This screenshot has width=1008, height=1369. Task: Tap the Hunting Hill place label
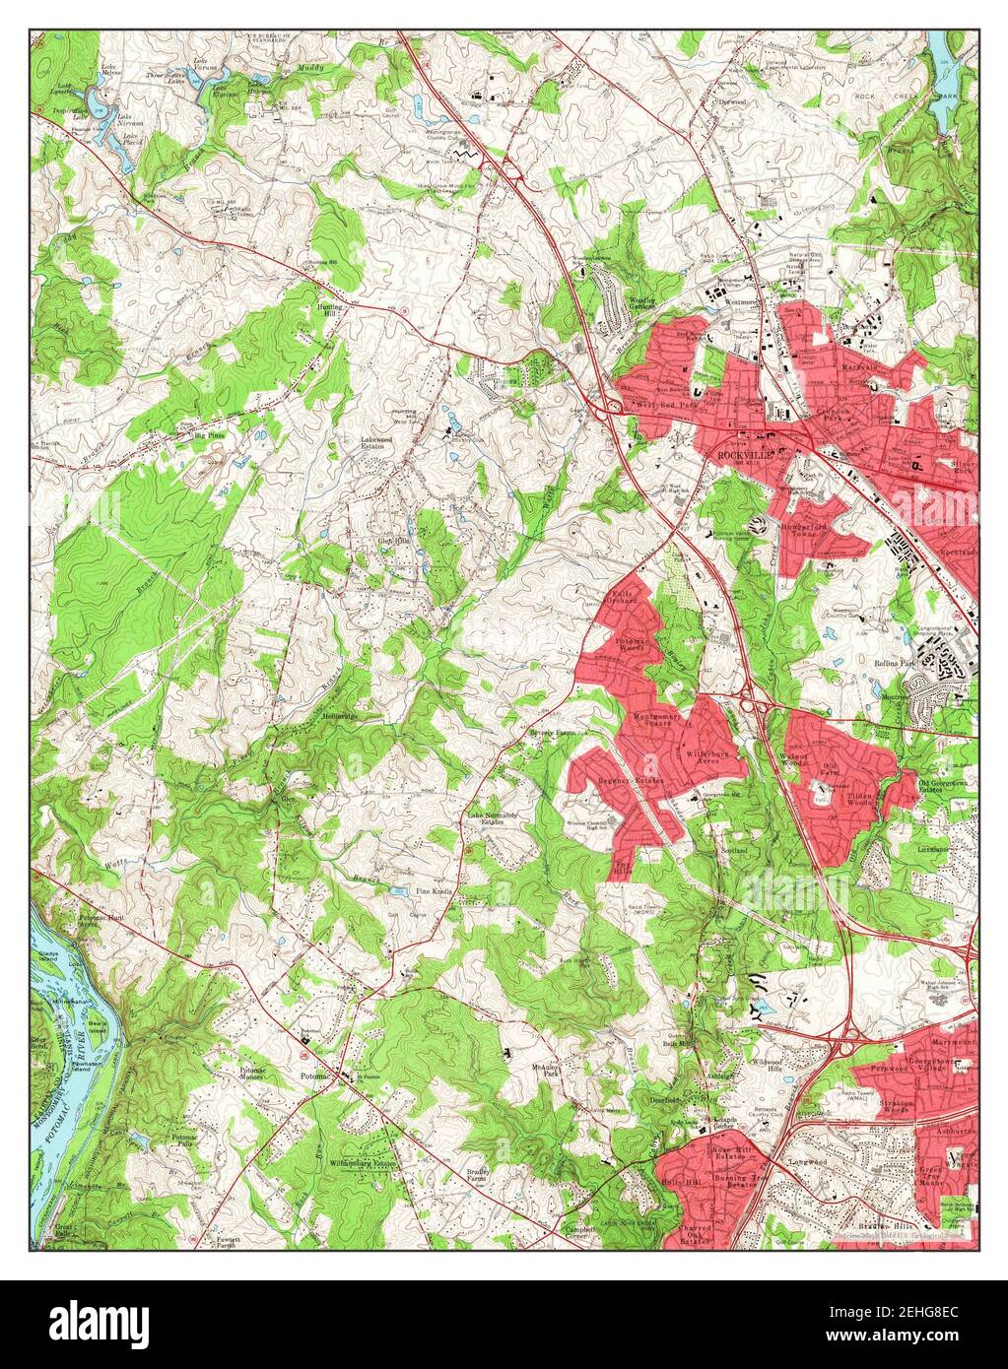point(330,310)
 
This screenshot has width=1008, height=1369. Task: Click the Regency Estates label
point(631,781)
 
